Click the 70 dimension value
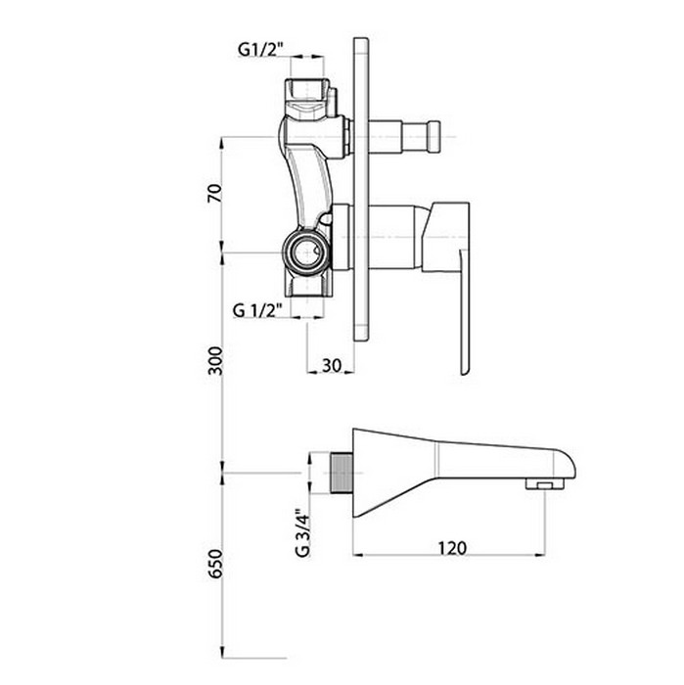[x=215, y=193]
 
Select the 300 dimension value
[x=215, y=361]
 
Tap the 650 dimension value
[x=215, y=564]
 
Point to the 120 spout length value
[x=452, y=548]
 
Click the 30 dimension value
[x=332, y=365]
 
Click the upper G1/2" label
[x=260, y=49]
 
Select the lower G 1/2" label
[x=256, y=310]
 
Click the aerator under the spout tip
[x=545, y=483]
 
